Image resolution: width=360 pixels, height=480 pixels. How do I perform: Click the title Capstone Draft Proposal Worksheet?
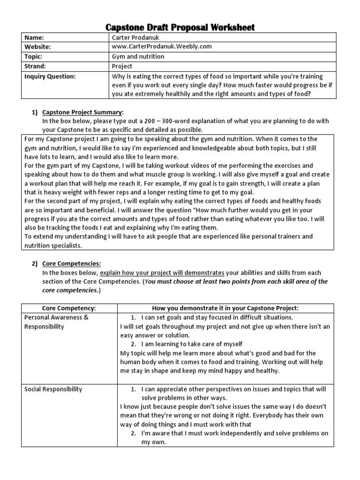[x=180, y=27]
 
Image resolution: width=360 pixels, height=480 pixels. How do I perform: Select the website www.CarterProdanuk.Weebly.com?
[x=162, y=47]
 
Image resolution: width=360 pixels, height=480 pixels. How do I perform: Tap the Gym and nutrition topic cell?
[x=138, y=57]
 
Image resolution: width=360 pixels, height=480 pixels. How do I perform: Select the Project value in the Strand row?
[x=122, y=66]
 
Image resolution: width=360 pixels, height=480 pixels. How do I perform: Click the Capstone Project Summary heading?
[x=82, y=112]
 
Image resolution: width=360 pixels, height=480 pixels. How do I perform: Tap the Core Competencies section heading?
[x=71, y=263]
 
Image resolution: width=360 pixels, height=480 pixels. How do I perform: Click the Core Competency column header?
[x=69, y=308]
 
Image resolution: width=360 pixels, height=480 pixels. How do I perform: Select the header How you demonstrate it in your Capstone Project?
[x=225, y=308]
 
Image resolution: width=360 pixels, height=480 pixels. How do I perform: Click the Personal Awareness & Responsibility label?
[x=56, y=322]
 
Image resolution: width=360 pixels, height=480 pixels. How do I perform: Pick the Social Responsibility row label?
[x=53, y=389]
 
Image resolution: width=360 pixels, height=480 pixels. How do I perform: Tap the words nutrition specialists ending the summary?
[x=53, y=245]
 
